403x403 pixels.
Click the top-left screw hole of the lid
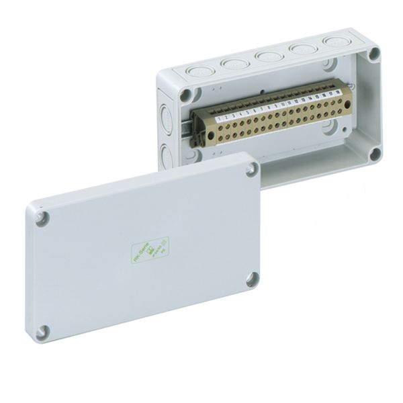point(41,218)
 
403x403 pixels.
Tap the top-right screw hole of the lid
point(251,171)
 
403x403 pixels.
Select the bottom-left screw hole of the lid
point(44,330)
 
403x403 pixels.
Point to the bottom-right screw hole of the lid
point(252,279)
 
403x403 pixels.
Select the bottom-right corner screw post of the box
point(373,154)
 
